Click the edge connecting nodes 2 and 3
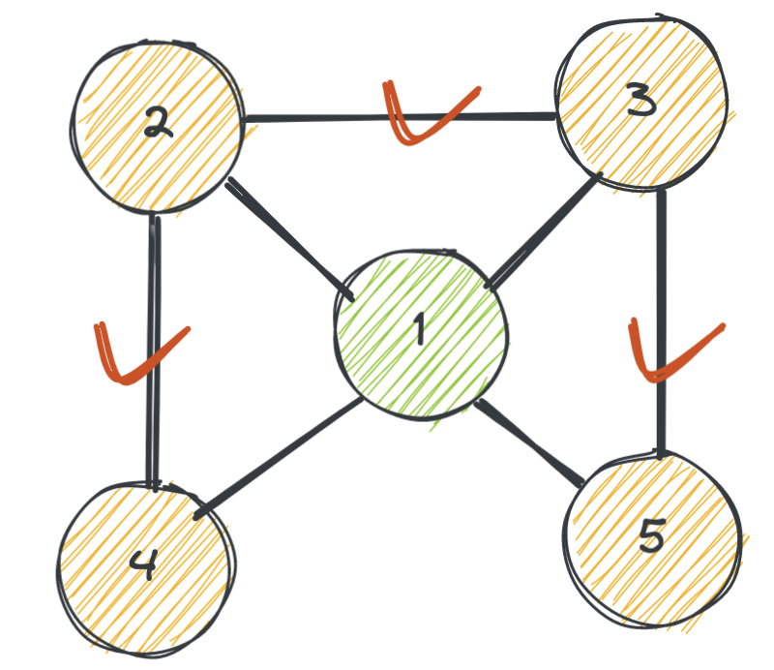tap(319, 118)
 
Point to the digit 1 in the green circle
tap(419, 329)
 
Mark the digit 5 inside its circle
tap(650, 534)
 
